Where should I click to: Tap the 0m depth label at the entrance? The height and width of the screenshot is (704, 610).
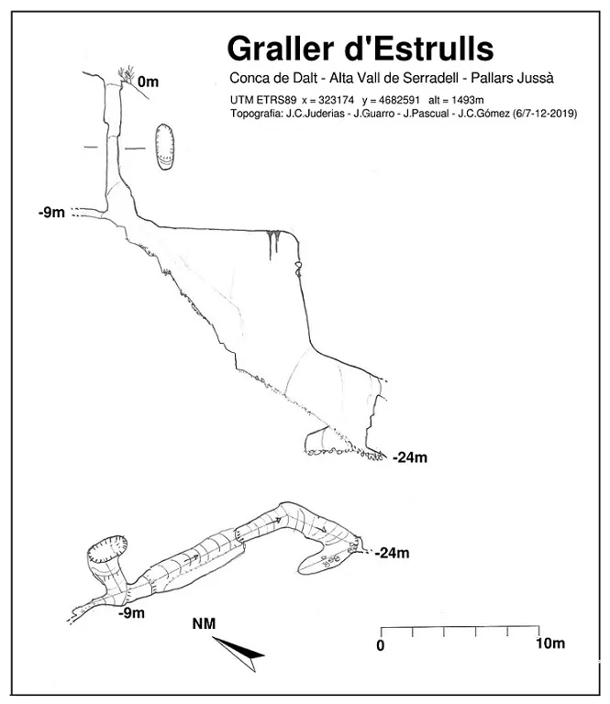[149, 82]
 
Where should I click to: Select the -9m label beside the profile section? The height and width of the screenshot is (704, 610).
[51, 213]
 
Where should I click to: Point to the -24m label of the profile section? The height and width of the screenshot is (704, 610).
[410, 457]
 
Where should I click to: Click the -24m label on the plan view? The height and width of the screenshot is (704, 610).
[393, 553]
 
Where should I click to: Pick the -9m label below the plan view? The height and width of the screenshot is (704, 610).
[131, 613]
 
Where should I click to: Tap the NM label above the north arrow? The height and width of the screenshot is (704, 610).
[204, 623]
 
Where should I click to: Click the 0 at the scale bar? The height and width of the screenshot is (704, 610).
[381, 645]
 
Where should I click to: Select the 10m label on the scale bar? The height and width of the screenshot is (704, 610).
[550, 643]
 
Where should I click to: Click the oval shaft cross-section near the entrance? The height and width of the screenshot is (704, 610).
[165, 147]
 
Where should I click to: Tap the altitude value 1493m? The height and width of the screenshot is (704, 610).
[467, 100]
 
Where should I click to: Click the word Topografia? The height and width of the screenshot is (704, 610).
[256, 114]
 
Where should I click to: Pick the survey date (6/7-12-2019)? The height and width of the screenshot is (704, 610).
[545, 114]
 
